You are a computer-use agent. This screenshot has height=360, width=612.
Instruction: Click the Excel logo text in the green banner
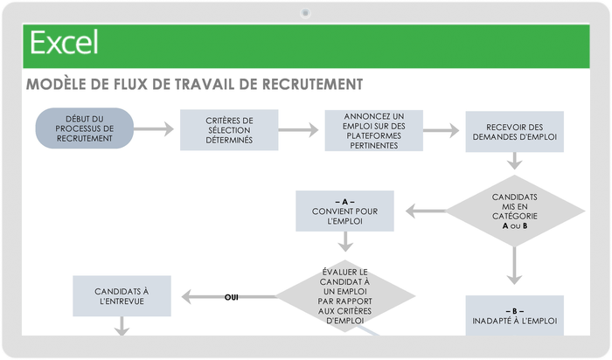pyautogui.click(x=64, y=42)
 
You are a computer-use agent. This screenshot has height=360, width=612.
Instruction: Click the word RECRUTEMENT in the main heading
pyautogui.click(x=309, y=85)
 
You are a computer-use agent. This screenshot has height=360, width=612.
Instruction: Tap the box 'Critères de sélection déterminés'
pyautogui.click(x=229, y=130)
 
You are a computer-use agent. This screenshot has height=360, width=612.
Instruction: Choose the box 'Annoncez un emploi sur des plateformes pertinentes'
pyautogui.click(x=373, y=130)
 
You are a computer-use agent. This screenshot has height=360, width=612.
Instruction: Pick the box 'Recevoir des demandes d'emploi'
pyautogui.click(x=514, y=131)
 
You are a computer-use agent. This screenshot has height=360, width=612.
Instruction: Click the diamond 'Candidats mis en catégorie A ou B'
pyautogui.click(x=514, y=211)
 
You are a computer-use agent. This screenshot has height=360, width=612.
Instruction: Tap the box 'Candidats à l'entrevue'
pyautogui.click(x=121, y=295)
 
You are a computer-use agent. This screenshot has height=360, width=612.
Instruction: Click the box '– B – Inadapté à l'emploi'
pyautogui.click(x=514, y=315)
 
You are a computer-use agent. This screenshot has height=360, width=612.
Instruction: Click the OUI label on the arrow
pyautogui.click(x=232, y=297)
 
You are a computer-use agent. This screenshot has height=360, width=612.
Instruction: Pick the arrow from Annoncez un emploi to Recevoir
pyautogui.click(x=442, y=130)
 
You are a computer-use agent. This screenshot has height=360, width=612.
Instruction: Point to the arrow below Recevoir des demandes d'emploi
pyautogui.click(x=514, y=161)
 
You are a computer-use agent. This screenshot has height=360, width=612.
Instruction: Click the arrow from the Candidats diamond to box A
pyautogui.click(x=424, y=211)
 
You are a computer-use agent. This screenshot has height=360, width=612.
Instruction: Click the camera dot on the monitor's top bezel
pyautogui.click(x=305, y=12)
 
